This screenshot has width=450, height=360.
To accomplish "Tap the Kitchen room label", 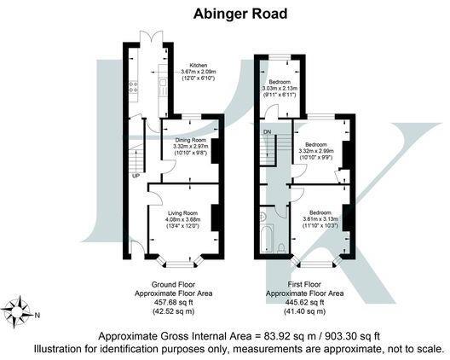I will (x=198, y=65).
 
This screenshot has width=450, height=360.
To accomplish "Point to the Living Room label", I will (x=182, y=212).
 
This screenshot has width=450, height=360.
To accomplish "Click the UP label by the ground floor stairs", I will (x=136, y=177).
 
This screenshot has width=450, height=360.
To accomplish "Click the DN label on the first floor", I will (x=268, y=132).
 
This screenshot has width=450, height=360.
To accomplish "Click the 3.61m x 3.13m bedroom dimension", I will (x=320, y=219).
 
